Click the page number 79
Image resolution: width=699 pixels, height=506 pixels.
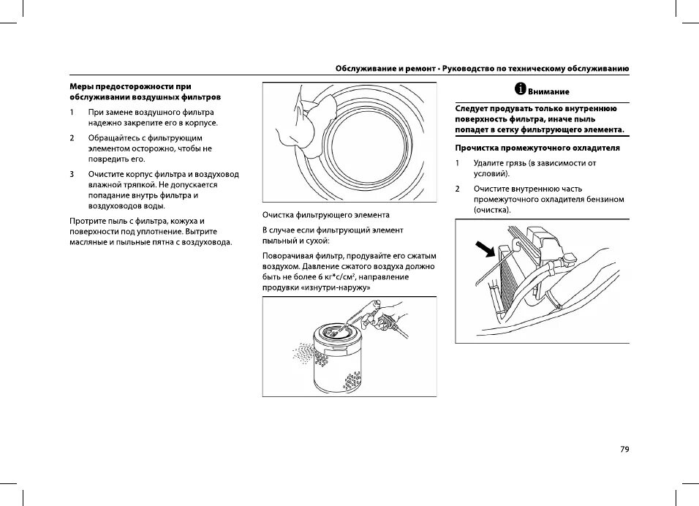click(x=624, y=450)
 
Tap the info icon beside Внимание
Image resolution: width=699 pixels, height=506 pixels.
click(x=520, y=89)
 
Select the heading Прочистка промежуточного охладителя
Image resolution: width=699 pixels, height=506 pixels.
click(x=537, y=147)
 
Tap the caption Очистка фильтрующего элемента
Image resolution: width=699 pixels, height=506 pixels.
click(x=326, y=215)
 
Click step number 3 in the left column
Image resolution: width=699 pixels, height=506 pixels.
click(x=72, y=174)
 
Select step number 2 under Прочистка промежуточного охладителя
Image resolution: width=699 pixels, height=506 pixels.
click(x=458, y=189)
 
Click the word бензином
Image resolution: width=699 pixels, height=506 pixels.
click(x=605, y=200)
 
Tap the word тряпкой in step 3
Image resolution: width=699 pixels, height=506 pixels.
click(x=135, y=185)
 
